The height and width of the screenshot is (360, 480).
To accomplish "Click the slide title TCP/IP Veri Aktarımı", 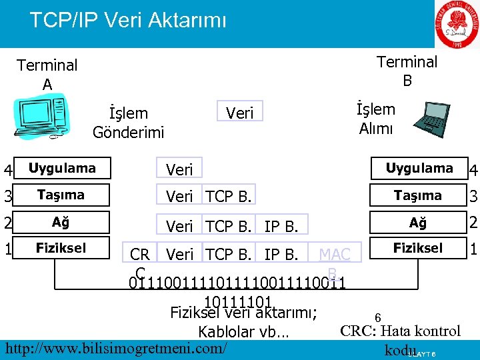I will pyautogui.click(x=128, y=20).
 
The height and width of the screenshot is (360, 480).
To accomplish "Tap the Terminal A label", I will pyautogui.click(x=47, y=74).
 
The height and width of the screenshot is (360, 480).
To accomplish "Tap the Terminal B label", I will pyautogui.click(x=407, y=71).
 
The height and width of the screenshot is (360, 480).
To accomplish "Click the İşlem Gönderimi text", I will pyautogui.click(x=128, y=123).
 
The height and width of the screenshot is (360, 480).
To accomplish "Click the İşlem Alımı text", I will pyautogui.click(x=376, y=119).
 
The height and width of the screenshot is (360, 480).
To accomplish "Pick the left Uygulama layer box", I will pyautogui.click(x=62, y=168).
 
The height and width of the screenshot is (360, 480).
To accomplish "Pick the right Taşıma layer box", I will pyautogui.click(x=418, y=195).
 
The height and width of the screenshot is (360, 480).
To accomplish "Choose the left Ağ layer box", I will pyautogui.click(x=61, y=221).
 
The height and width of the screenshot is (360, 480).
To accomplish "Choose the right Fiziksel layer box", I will pyautogui.click(x=418, y=248).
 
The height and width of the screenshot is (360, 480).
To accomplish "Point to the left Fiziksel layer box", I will pyautogui.click(x=61, y=248).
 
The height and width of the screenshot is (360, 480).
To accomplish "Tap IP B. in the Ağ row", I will pyautogui.click(x=281, y=226).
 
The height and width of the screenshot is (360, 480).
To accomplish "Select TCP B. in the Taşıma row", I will pyautogui.click(x=229, y=197).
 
